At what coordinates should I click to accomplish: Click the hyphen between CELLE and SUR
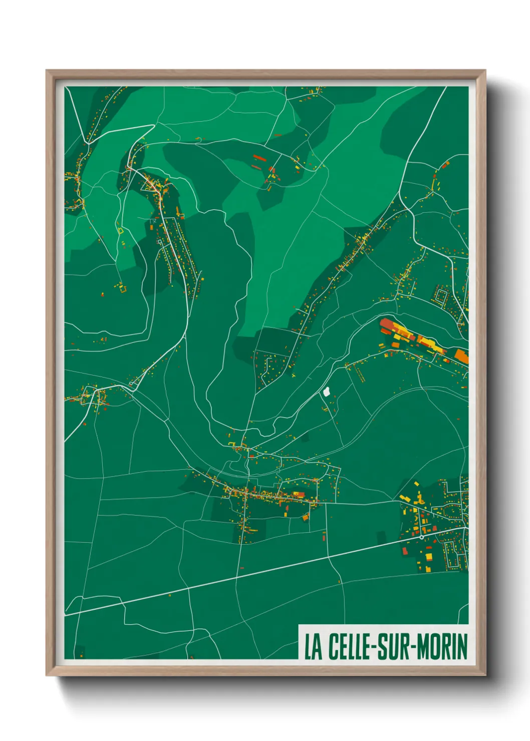point(372,647)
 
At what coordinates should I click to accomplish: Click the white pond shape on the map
point(327,391)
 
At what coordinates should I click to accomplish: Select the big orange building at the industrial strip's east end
point(461,356)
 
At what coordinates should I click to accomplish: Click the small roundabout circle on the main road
point(422,537)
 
